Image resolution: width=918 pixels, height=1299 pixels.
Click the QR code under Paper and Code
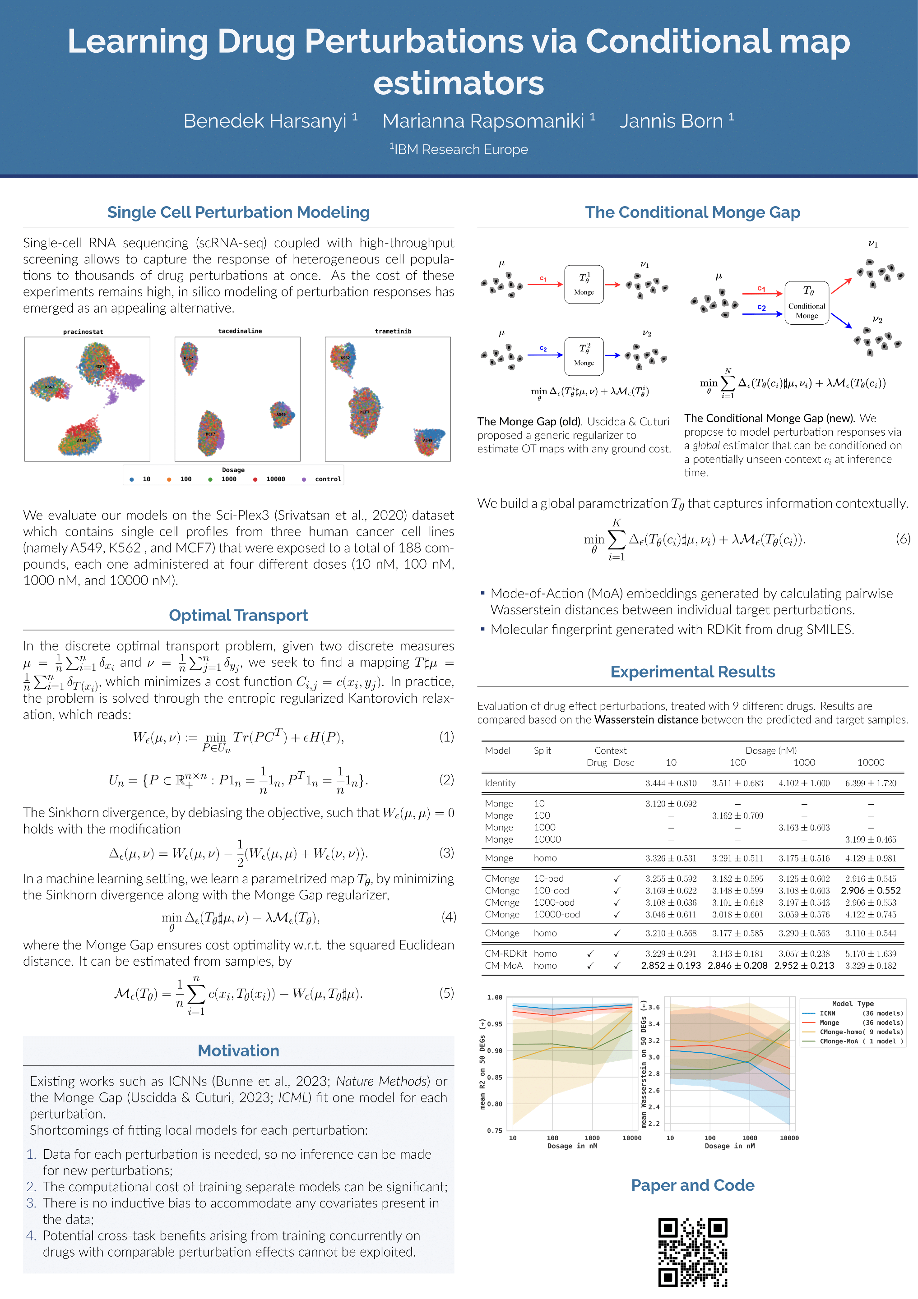[692, 1252]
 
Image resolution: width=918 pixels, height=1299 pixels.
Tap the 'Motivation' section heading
[238, 1050]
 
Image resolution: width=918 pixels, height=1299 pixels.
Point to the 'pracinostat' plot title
[83, 332]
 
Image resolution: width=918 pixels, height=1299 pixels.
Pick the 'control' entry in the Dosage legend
[328, 479]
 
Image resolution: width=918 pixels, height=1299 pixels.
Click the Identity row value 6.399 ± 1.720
[871, 783]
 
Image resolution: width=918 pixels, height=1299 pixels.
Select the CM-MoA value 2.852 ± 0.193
[671, 966]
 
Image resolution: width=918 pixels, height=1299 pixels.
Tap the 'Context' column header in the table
[610, 750]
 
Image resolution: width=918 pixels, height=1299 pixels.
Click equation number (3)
[446, 852]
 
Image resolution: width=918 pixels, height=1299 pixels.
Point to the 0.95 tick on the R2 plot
[494, 1024]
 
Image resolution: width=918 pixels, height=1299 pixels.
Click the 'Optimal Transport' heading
[238, 615]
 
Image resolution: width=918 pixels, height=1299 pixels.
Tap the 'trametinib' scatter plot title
[393, 331]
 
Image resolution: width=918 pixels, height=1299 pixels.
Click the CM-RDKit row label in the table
[505, 954]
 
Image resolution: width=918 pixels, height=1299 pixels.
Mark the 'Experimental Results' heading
[692, 672]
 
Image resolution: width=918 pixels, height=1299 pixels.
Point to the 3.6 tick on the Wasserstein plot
[654, 1007]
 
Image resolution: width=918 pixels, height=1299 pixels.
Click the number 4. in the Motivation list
[31, 1236]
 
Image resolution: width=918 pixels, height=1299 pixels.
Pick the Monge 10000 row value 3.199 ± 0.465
[871, 839]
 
